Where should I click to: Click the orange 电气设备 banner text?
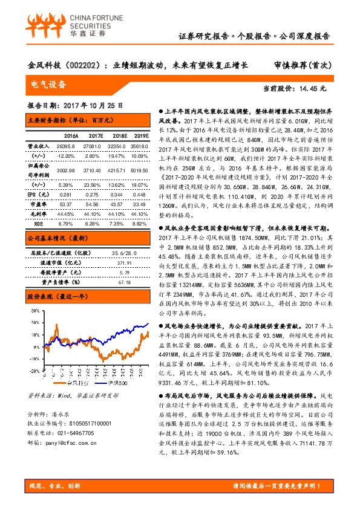click(48, 84)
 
